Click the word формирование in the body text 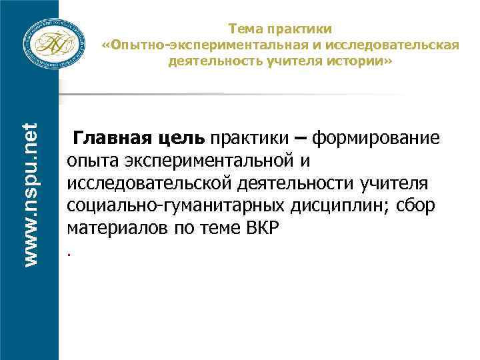376,139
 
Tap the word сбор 417,205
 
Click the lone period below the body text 69,254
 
